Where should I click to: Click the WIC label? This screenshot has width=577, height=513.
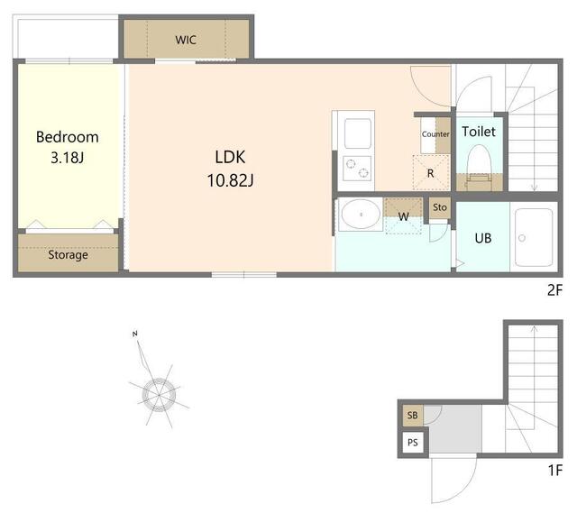click(186, 40)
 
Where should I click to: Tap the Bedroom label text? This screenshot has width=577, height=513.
click(68, 137)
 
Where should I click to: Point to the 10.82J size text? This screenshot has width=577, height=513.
click(231, 180)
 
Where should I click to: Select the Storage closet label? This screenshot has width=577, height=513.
click(69, 254)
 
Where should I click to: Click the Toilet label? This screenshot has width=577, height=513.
click(479, 132)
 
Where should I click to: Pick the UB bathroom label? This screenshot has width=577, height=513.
click(483, 238)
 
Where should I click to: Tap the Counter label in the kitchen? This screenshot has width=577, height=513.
click(435, 134)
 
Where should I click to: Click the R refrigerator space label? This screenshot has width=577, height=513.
click(431, 173)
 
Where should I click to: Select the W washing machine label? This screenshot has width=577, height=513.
click(404, 216)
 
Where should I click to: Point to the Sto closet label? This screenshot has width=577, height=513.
click(440, 207)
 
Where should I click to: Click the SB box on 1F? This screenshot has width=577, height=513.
click(413, 416)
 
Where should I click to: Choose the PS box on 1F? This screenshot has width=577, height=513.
click(413, 443)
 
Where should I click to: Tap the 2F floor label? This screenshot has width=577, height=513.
click(555, 290)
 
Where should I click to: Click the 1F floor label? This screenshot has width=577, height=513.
click(555, 470)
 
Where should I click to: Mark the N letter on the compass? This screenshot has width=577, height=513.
click(135, 334)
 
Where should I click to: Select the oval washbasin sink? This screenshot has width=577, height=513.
click(361, 215)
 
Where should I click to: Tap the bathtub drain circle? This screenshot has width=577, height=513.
click(522, 238)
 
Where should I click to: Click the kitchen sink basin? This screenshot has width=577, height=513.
click(358, 133)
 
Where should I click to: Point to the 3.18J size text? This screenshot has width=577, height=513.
click(68, 158)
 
